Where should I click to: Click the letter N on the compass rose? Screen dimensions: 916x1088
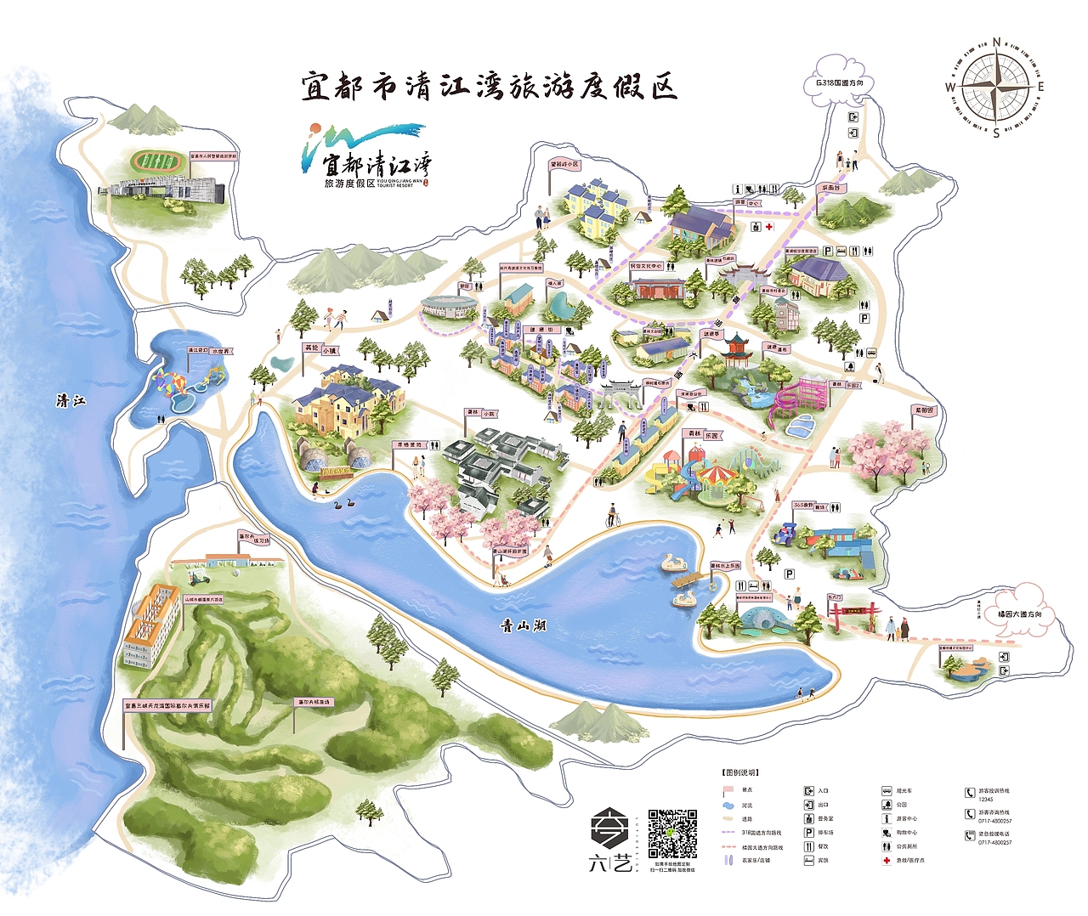point(996,41)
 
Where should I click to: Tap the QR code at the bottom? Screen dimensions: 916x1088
point(672,834)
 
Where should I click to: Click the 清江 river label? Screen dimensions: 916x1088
point(71,400)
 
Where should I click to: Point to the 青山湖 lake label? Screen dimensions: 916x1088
point(523,626)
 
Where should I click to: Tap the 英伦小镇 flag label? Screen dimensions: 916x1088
point(320,349)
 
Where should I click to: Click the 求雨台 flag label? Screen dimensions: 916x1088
point(830,188)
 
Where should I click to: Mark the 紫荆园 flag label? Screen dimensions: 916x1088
point(923,411)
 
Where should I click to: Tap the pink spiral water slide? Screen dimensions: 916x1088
point(796,401)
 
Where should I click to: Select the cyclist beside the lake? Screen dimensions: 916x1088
point(612,516)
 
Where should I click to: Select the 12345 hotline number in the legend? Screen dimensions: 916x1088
point(986,800)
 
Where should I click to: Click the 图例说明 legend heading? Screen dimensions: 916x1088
point(739,772)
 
